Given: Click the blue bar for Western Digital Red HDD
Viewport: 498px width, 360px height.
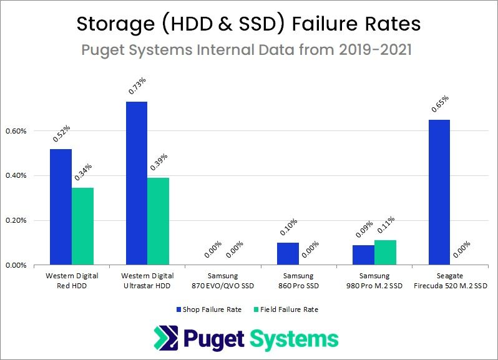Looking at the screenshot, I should coord(61,207).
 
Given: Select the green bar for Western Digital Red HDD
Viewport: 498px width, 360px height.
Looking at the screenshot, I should coord(82,226).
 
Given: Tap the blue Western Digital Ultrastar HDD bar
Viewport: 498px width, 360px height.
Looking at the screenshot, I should coord(137,183).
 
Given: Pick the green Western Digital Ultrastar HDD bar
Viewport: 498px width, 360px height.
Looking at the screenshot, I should coord(158,221).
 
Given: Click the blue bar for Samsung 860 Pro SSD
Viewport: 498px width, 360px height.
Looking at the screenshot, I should coord(288,253).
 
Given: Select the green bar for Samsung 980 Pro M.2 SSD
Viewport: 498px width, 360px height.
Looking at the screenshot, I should coord(385,252).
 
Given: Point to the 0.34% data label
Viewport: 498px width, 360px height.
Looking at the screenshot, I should coord(84,172).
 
